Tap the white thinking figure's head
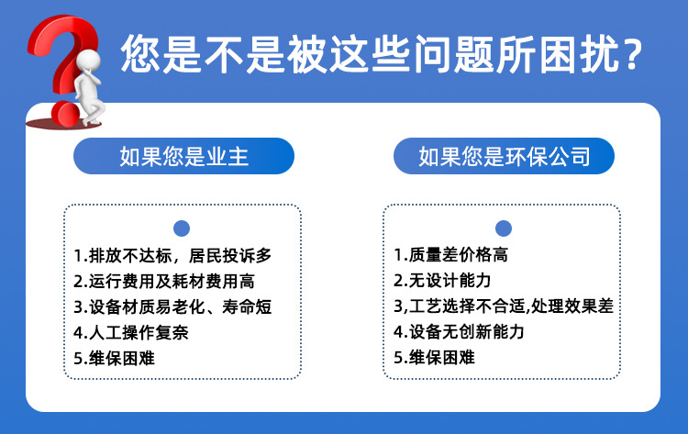[x=88, y=61]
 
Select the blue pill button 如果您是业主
[x=183, y=156]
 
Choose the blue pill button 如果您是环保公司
[x=504, y=156]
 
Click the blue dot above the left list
[x=182, y=228]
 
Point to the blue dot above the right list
[x=504, y=228]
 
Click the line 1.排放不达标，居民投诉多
[x=172, y=255]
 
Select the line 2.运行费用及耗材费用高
[x=164, y=282]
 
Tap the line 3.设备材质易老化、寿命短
[x=172, y=306]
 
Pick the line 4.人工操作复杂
[x=131, y=332]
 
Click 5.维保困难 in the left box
[x=114, y=358]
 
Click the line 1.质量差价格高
[x=450, y=254]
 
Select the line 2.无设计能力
[x=442, y=281]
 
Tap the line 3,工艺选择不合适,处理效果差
[x=504, y=306]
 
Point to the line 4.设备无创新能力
[x=459, y=331]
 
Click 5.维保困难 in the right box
[x=434, y=357]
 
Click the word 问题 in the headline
[x=454, y=54]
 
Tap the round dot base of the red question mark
[x=65, y=114]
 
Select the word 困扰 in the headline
[x=579, y=54]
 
